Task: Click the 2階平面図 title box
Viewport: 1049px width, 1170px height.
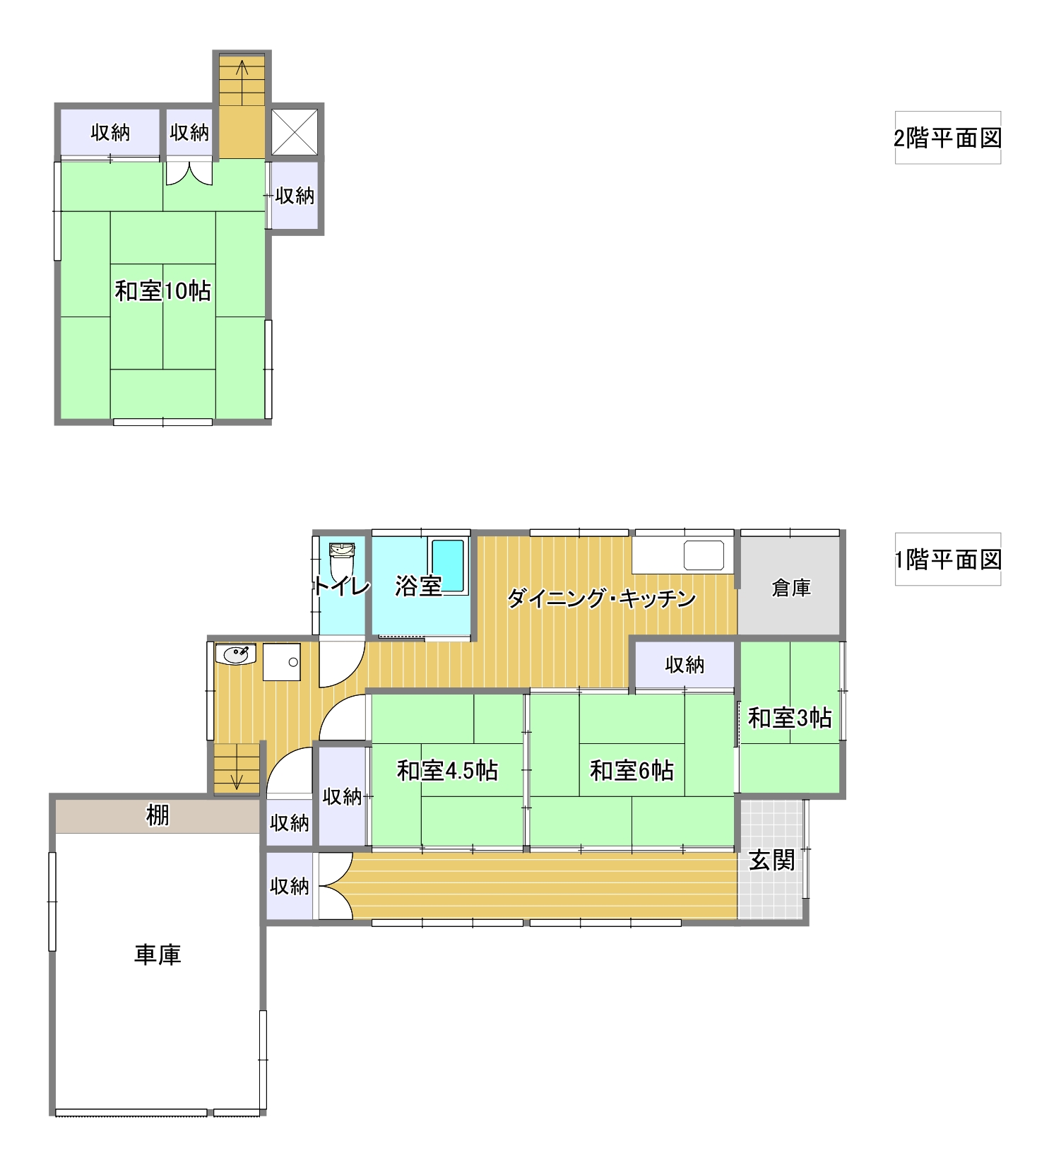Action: coord(947,138)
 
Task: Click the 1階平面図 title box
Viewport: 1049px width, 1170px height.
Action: coord(947,560)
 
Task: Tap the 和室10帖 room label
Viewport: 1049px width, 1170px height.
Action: coord(162,290)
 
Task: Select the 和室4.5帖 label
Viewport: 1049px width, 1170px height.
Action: coord(447,770)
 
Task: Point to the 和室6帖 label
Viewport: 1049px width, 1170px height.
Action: coord(632,770)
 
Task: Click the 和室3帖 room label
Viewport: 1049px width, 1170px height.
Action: coord(790,718)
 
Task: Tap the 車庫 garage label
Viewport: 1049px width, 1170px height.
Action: coord(158,955)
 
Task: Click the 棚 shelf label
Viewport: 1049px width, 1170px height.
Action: coord(158,815)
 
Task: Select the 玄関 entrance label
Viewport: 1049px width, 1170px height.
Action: coord(772,860)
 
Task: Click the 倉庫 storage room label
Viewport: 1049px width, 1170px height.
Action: coord(790,587)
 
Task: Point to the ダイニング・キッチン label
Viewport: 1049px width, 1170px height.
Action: coord(602,598)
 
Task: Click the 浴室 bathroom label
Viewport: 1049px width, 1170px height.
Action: coord(418,586)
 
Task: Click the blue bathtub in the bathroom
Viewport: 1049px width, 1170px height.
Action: coord(448,566)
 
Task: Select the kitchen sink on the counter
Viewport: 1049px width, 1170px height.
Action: coord(704,555)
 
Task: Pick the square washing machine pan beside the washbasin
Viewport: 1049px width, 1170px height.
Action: coord(282,662)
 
